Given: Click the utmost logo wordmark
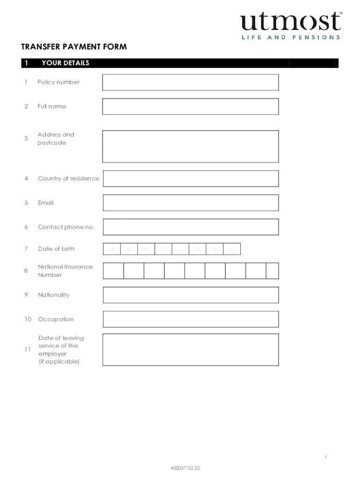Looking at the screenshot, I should click(291, 22).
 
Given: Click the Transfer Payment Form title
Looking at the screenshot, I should click(74, 47).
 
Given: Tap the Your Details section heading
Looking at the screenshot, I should click(65, 63).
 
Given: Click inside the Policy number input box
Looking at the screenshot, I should click(190, 82).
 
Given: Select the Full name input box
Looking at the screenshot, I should click(190, 107).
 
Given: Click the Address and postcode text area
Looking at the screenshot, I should click(190, 146).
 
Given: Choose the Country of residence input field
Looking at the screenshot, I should click(190, 179).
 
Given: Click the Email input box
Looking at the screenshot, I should click(190, 203).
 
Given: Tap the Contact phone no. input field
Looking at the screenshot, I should click(190, 227).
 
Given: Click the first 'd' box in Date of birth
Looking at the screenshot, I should click(112, 249).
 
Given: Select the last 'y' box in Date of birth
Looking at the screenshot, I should click(232, 249).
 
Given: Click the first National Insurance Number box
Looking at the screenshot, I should click(114, 271).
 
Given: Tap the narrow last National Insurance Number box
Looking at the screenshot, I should click(272, 271).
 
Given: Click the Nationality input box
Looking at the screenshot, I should click(190, 295).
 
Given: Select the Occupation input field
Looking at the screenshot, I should click(190, 319).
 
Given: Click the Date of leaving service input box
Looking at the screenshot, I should click(190, 350).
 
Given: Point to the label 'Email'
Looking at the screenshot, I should click(46, 203).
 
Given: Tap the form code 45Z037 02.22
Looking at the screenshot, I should click(186, 467).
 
